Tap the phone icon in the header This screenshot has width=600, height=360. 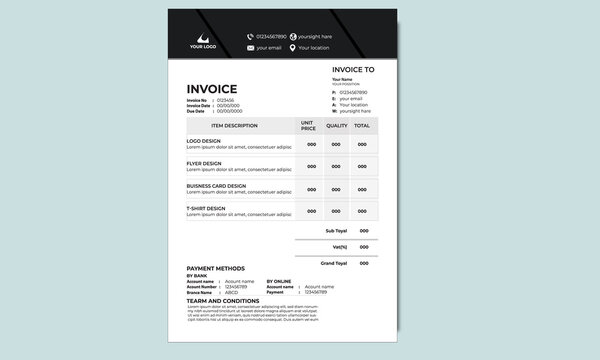[250, 36]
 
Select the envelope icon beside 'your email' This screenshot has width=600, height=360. [250, 48]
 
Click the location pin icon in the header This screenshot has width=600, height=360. [293, 48]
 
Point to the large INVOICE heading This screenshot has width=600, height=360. [212, 89]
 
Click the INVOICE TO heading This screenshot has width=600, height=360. [353, 70]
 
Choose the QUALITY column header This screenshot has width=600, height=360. [337, 126]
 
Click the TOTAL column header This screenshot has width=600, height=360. [362, 126]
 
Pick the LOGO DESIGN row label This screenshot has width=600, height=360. [204, 140]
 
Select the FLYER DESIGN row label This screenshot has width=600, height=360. [204, 162]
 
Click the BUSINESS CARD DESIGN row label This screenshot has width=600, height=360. [216, 185]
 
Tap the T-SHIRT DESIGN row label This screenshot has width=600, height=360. [206, 207]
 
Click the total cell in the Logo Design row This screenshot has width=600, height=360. [363, 144]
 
